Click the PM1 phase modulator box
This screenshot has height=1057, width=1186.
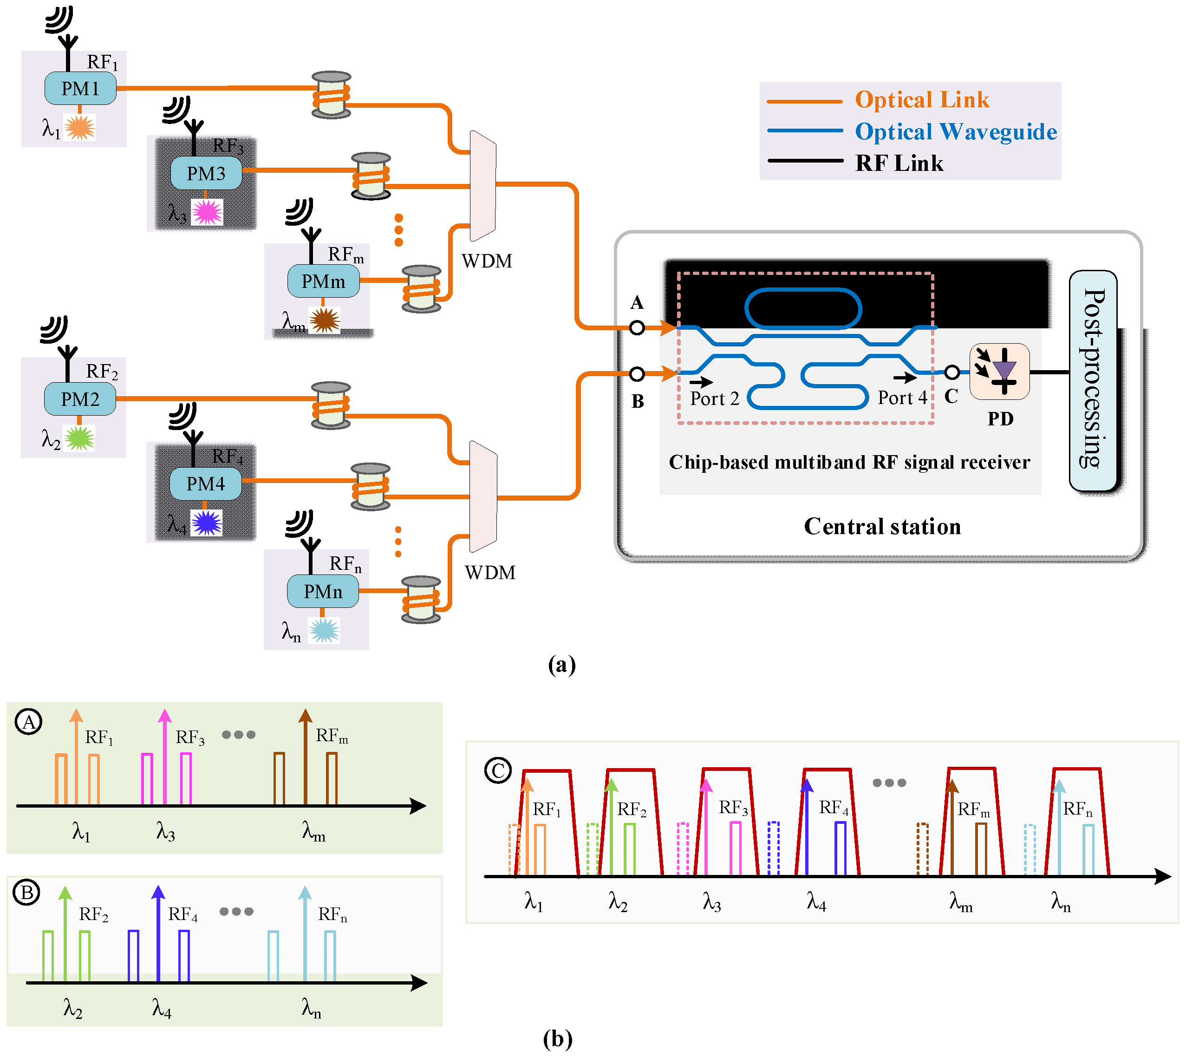click(x=80, y=88)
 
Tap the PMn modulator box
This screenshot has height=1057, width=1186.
click(x=322, y=592)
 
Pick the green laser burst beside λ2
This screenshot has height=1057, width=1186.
click(x=79, y=438)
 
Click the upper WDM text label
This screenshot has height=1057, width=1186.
click(x=487, y=261)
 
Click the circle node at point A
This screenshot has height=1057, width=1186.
click(x=637, y=327)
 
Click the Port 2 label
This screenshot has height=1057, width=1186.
click(x=714, y=399)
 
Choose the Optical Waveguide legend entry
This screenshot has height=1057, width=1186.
click(x=955, y=132)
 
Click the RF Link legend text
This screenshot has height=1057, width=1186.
click(x=899, y=163)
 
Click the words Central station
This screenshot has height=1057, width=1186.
click(x=882, y=526)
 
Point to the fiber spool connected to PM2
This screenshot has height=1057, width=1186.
click(x=331, y=405)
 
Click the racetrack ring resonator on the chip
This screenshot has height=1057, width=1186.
click(x=803, y=308)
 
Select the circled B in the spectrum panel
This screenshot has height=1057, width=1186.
click(x=27, y=893)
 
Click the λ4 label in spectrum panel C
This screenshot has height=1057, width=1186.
click(x=816, y=901)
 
